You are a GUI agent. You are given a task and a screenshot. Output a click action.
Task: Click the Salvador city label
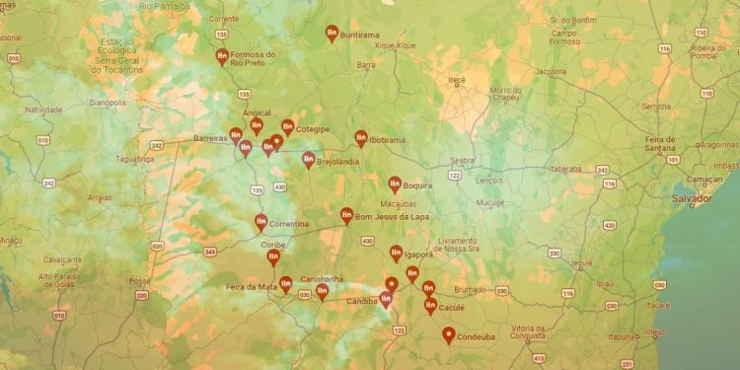pyautogui.click(x=692, y=198)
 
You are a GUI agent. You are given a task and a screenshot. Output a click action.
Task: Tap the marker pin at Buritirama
pyautogui.click(x=332, y=34)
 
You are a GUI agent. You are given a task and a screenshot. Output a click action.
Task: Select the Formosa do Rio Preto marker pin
pyautogui.click(x=222, y=57)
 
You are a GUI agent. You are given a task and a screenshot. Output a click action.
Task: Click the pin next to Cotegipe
pyautogui.click(x=287, y=127)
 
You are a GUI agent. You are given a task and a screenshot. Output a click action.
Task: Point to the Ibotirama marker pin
pyautogui.click(x=361, y=139)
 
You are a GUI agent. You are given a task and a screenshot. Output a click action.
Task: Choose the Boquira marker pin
pyautogui.click(x=394, y=184)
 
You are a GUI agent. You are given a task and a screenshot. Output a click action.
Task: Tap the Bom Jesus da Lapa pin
pyautogui.click(x=346, y=214)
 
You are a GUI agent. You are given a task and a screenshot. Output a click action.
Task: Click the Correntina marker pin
pyautogui.click(x=260, y=222)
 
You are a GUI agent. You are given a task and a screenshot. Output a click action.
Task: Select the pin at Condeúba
pyautogui.click(x=449, y=335)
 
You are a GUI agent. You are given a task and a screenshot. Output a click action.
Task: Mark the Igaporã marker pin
pyautogui.click(x=396, y=253)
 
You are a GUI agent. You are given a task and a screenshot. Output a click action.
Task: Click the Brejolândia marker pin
pyautogui.click(x=309, y=159)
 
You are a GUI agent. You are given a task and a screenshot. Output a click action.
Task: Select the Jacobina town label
pyautogui.click(x=551, y=71)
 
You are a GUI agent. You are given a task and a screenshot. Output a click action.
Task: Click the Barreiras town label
pyautogui.click(x=210, y=138)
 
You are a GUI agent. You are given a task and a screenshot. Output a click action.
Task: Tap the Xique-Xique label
pyautogui.click(x=396, y=44)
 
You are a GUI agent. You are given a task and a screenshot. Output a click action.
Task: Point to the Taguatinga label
pyautogui.click(x=134, y=158)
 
